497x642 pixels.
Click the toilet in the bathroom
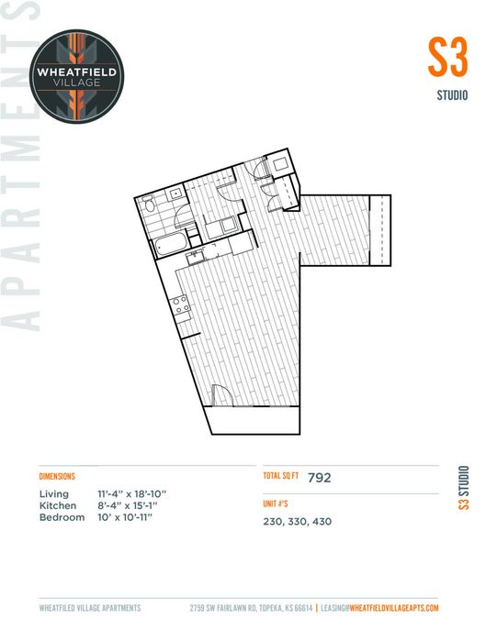coord(149,203)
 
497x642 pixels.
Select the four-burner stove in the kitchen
coord(180,305)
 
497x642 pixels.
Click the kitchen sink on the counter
coord(195,257)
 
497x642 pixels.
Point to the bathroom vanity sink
coord(176,193)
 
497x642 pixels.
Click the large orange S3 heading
coord(447,57)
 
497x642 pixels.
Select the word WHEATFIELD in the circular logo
coord(76,72)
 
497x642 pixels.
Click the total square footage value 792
coord(320,478)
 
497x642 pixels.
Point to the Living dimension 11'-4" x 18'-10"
coord(132,493)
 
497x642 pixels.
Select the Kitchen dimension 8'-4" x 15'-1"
coord(128,505)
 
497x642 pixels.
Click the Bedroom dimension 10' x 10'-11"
coord(125,517)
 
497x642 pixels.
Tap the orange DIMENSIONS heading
coord(57,476)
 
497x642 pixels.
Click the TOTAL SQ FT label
coord(281,476)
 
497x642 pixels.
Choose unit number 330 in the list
coord(298,522)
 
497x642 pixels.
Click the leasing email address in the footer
coord(379,608)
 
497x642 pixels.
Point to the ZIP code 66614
coord(302,608)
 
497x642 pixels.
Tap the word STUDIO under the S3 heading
coord(452,95)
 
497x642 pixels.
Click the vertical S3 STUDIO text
coord(463,488)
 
